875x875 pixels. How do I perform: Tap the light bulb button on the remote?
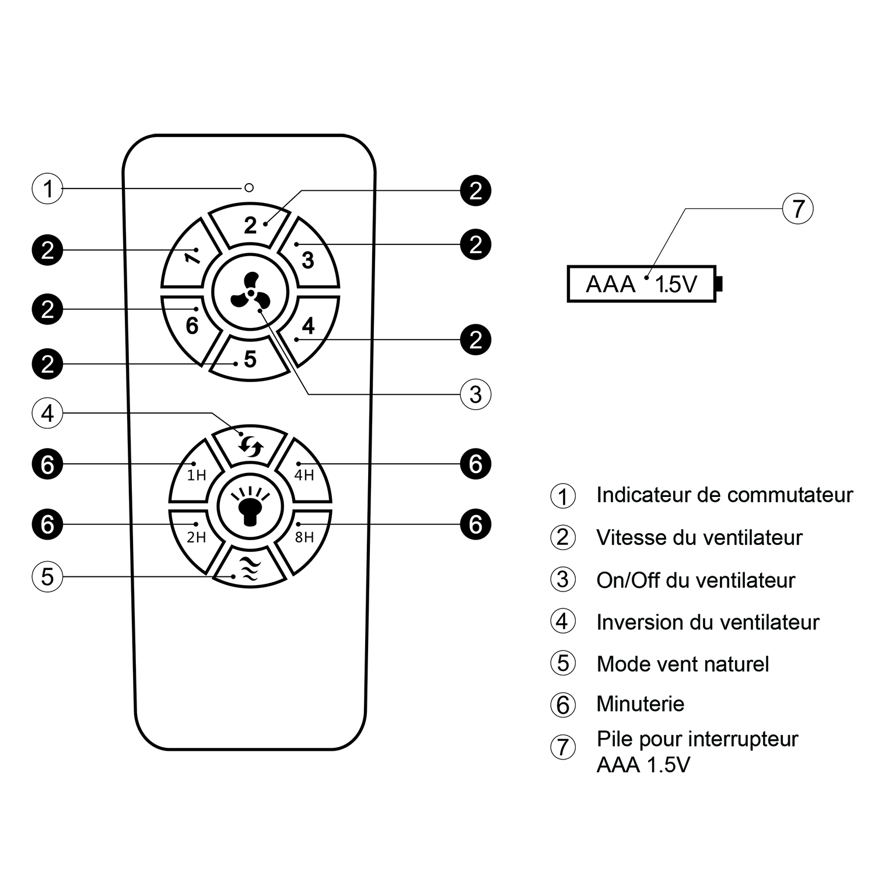click(250, 505)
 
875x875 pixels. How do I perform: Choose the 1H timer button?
click(197, 474)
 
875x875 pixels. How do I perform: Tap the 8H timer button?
click(304, 536)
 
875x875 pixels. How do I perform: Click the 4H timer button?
click(304, 474)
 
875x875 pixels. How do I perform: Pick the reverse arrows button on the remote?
click(250, 447)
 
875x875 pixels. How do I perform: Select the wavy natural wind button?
click(250, 568)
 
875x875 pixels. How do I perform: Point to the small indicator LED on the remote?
click(249, 188)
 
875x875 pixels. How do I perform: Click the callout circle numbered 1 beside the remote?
click(47, 188)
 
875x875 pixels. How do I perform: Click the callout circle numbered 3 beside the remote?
click(475, 394)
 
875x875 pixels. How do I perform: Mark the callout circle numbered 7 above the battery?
click(797, 208)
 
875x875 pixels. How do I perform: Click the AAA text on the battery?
click(610, 285)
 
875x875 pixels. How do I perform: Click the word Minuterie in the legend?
click(640, 704)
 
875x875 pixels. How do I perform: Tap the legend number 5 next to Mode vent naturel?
click(563, 663)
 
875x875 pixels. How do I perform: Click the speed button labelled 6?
click(192, 325)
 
